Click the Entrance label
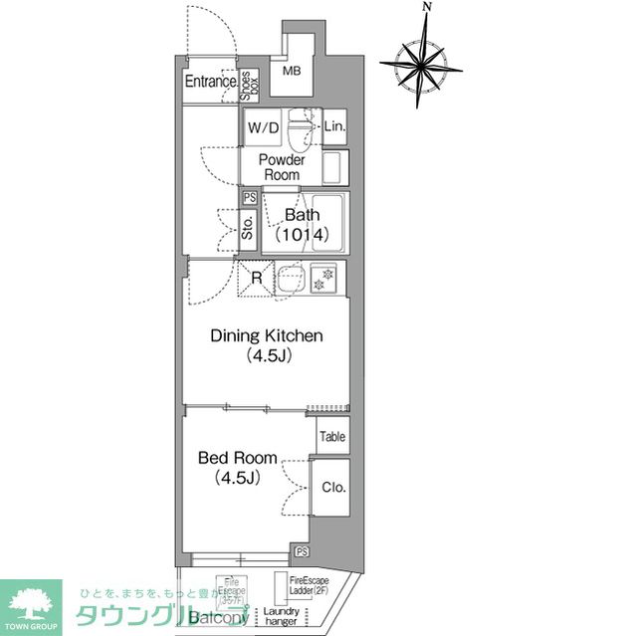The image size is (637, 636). click(210, 82)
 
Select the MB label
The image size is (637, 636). click(291, 72)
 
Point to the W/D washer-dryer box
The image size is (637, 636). click(264, 128)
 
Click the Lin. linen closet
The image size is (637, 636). click(334, 126)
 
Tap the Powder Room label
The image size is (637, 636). click(282, 167)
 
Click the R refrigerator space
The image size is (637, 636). click(256, 278)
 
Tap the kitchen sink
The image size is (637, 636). click(291, 280)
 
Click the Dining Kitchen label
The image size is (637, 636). click(266, 345)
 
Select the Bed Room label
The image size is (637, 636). click(236, 467)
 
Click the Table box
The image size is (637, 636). click(332, 435)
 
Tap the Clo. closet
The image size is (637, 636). click(331, 488)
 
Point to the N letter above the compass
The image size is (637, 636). click(426, 8)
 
